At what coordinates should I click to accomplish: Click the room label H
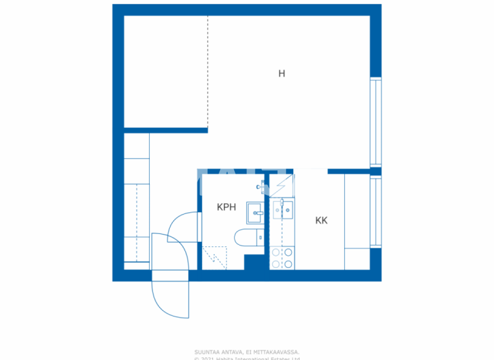(x=281, y=74)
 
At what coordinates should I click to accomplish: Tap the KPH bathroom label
(x=226, y=207)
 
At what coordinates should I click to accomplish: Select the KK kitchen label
(x=322, y=221)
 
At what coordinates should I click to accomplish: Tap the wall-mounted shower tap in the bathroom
(x=261, y=187)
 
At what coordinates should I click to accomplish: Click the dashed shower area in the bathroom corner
(x=214, y=257)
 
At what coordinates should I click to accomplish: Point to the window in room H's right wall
(x=376, y=122)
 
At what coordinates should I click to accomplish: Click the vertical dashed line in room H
(x=208, y=71)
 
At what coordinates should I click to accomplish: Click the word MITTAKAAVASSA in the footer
(x=277, y=352)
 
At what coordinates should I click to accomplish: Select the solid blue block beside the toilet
(x=255, y=262)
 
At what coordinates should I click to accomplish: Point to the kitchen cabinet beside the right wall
(x=357, y=221)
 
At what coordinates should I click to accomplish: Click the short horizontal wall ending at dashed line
(x=165, y=130)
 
